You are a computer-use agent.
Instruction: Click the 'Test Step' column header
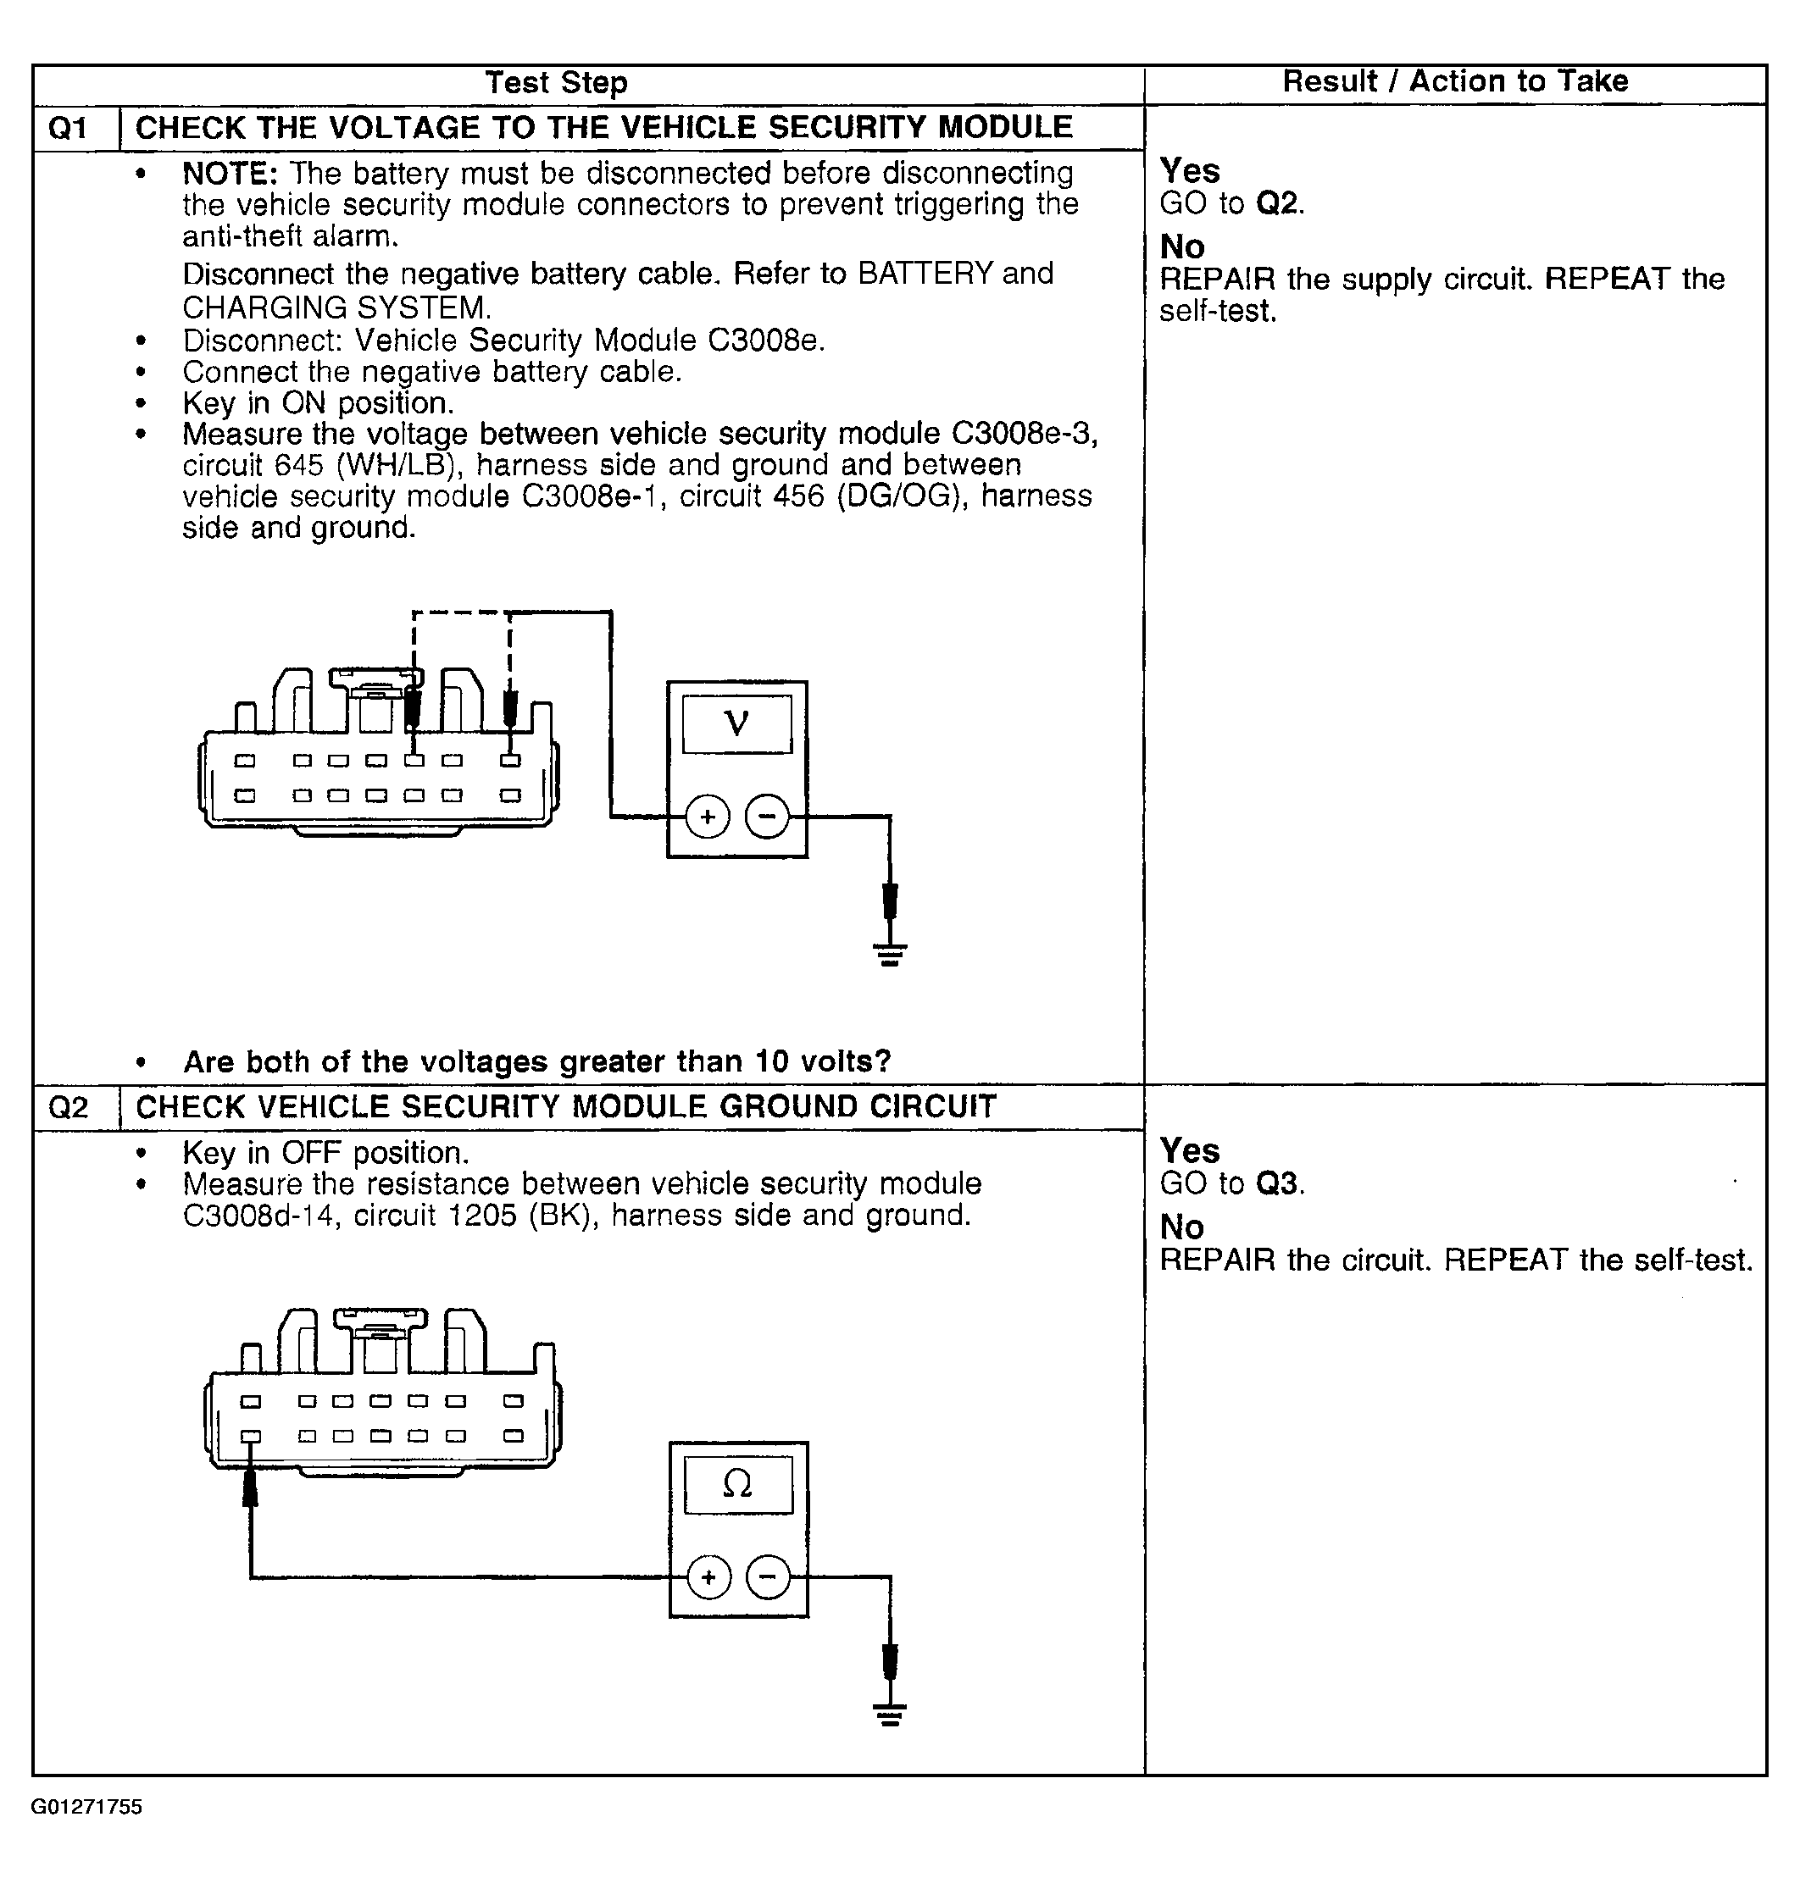pos(556,82)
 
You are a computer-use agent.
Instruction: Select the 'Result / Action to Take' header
pos(1454,81)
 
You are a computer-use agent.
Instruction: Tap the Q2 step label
pos(68,1108)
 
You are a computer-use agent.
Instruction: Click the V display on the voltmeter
pos(736,723)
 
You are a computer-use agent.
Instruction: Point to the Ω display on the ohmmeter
pos(737,1484)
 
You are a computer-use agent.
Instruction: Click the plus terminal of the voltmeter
pos(708,817)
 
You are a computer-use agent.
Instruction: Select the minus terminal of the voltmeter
pos(767,817)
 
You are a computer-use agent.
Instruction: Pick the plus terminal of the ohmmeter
pos(708,1576)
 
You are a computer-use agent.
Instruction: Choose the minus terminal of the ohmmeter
pos(768,1576)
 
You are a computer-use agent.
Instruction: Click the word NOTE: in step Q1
pos(230,174)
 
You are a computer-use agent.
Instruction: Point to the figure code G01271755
pos(87,1807)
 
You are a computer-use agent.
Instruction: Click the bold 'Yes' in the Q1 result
pos(1190,170)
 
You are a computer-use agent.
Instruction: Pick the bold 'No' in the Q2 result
pos(1182,1227)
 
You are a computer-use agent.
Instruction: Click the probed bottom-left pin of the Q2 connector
pos(250,1435)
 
